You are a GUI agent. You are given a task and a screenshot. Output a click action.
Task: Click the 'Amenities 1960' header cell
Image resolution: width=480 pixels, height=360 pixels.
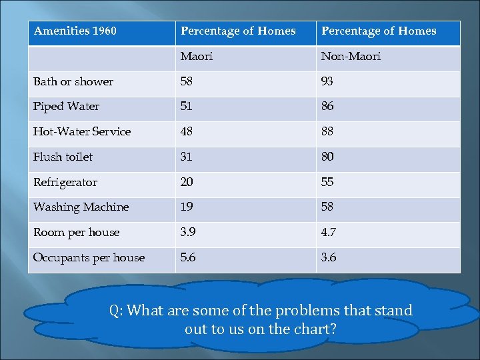[x=75, y=31]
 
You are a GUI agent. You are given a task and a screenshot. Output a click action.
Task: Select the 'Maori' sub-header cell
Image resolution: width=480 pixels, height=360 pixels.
[x=197, y=57]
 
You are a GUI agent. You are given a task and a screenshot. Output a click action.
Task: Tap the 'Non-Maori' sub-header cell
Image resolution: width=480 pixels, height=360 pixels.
[x=351, y=57]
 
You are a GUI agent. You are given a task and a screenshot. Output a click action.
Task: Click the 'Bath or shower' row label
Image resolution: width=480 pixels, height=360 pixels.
[x=73, y=82]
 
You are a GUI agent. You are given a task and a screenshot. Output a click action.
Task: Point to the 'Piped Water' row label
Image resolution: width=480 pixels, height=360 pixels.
[x=66, y=107]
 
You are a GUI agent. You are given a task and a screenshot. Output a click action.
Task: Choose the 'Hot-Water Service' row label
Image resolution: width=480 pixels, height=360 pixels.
[x=82, y=132]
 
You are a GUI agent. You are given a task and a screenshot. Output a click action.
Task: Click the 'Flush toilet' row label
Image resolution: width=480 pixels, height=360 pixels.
[x=63, y=157]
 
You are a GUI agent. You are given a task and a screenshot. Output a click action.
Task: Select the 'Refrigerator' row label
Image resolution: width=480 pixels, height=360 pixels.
[x=65, y=183]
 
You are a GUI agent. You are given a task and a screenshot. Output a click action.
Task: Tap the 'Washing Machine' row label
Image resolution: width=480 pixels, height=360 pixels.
[x=81, y=207]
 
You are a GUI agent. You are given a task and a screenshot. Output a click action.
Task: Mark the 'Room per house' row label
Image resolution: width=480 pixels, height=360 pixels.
[x=76, y=233]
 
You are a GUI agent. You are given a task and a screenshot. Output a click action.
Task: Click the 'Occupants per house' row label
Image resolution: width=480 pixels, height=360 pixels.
[x=89, y=258]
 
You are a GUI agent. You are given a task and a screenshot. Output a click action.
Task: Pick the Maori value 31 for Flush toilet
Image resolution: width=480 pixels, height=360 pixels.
[x=187, y=157]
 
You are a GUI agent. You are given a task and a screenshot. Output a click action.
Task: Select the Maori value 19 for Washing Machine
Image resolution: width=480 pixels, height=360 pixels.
[x=187, y=207]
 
